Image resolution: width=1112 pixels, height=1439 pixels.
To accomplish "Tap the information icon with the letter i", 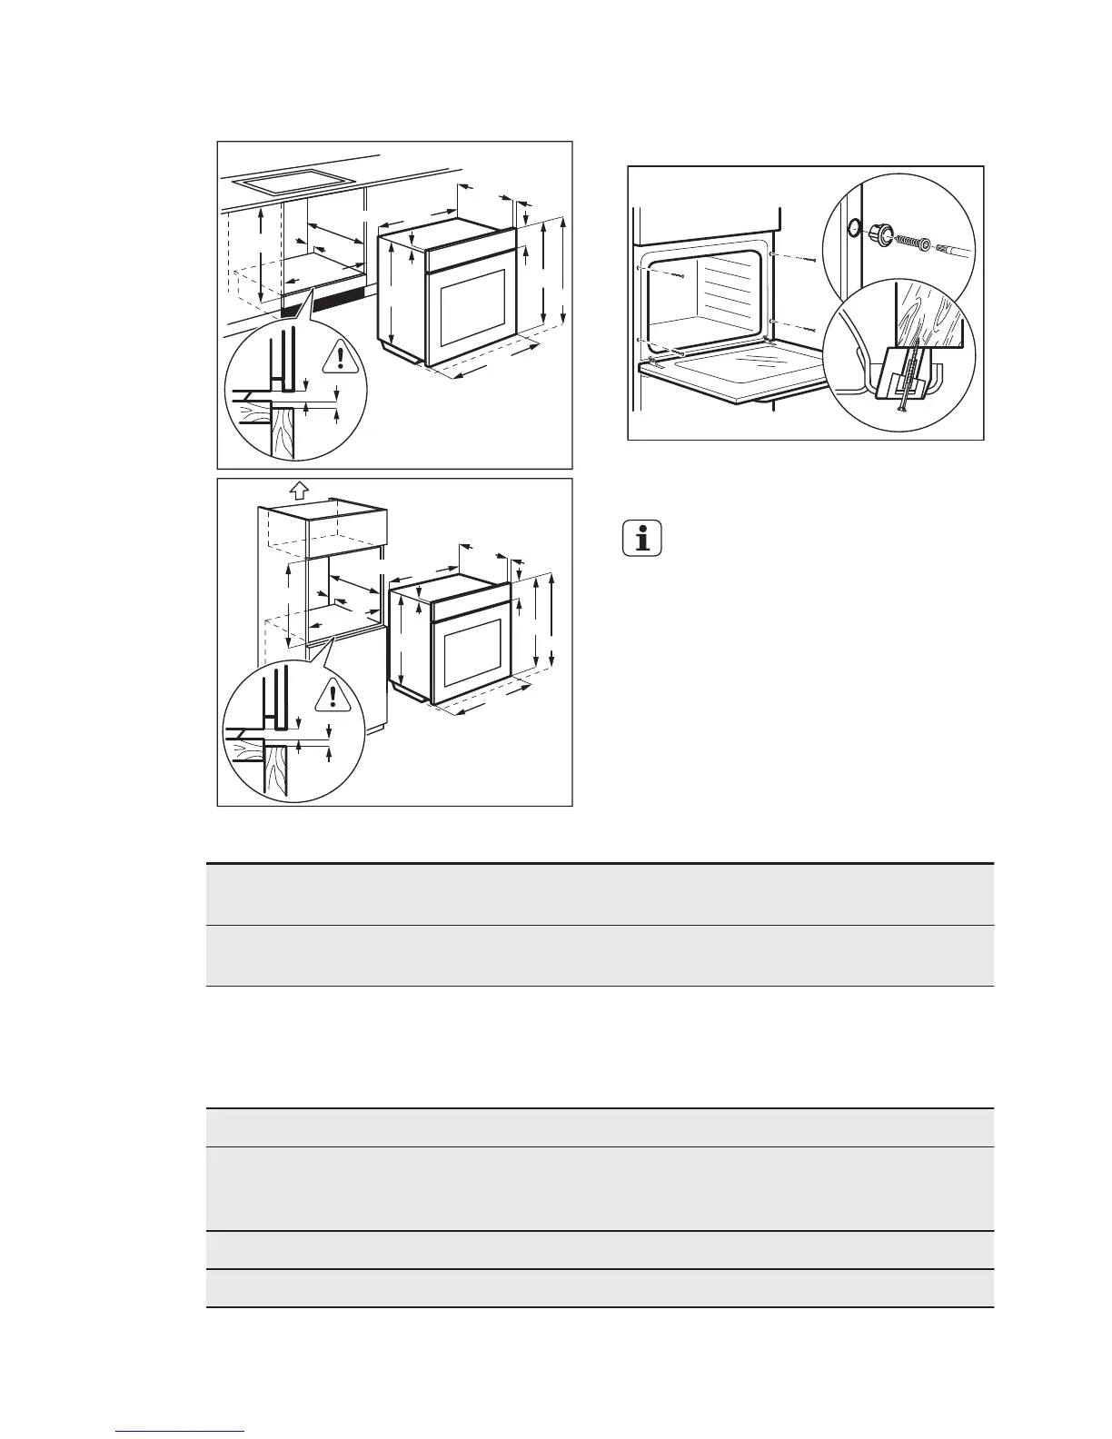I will (x=643, y=540).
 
